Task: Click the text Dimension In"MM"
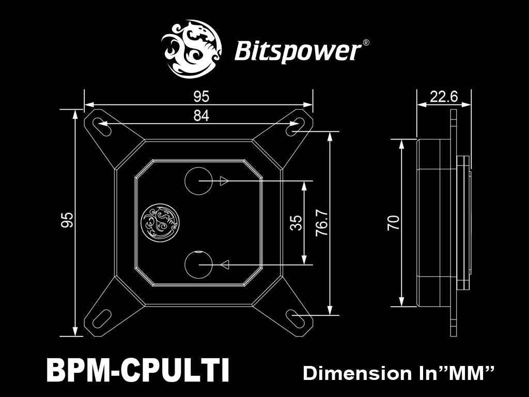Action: pos(399,373)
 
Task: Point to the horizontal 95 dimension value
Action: pos(201,97)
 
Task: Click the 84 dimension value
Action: pos(201,116)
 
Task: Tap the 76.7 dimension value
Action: pos(321,223)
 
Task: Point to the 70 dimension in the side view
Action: pos(393,223)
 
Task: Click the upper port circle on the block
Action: pos(198,180)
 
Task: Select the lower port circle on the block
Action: pos(198,264)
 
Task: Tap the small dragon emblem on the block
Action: pos(161,222)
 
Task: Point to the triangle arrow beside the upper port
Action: pos(224,181)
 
